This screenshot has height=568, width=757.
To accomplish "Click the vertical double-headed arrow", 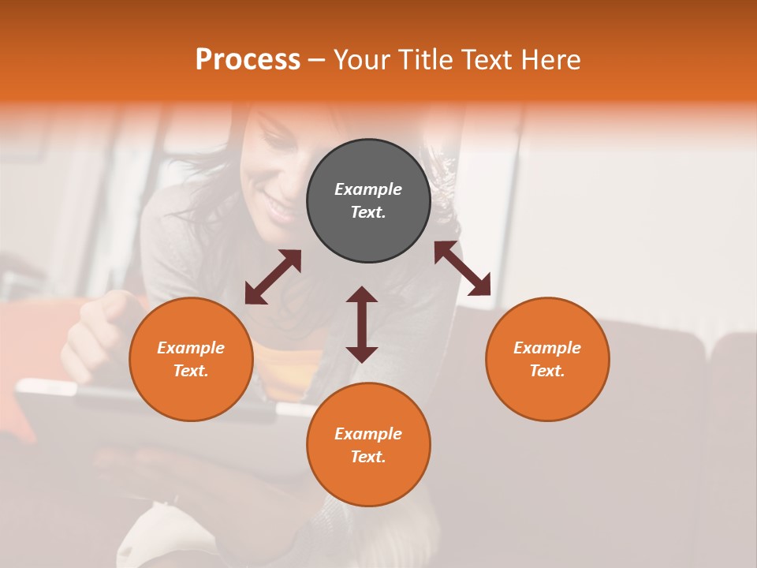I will pyautogui.click(x=362, y=324).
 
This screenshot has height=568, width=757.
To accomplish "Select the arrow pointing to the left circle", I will pyautogui.click(x=273, y=277).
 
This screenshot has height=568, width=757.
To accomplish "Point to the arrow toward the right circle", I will pyautogui.click(x=463, y=268).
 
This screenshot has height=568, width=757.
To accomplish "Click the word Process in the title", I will pyautogui.click(x=248, y=59).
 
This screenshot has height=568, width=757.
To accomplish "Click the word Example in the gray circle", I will pyautogui.click(x=368, y=189).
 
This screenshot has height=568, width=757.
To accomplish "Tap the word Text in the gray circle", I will pyautogui.click(x=368, y=213).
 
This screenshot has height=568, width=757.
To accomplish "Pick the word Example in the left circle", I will pyautogui.click(x=191, y=348).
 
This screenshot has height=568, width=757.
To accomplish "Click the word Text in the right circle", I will pyautogui.click(x=547, y=371).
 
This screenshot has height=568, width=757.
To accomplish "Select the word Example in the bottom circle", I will pyautogui.click(x=368, y=434).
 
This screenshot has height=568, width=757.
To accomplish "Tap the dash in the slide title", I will pyautogui.click(x=317, y=61).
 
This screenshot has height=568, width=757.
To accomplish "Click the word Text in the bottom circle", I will pyautogui.click(x=368, y=457).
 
